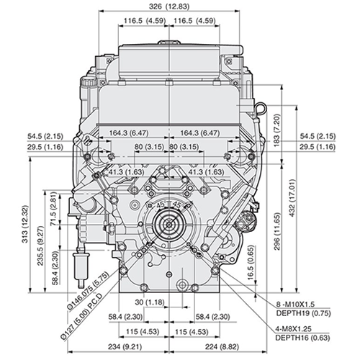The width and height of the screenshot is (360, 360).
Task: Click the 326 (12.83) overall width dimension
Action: [x=171, y=6]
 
